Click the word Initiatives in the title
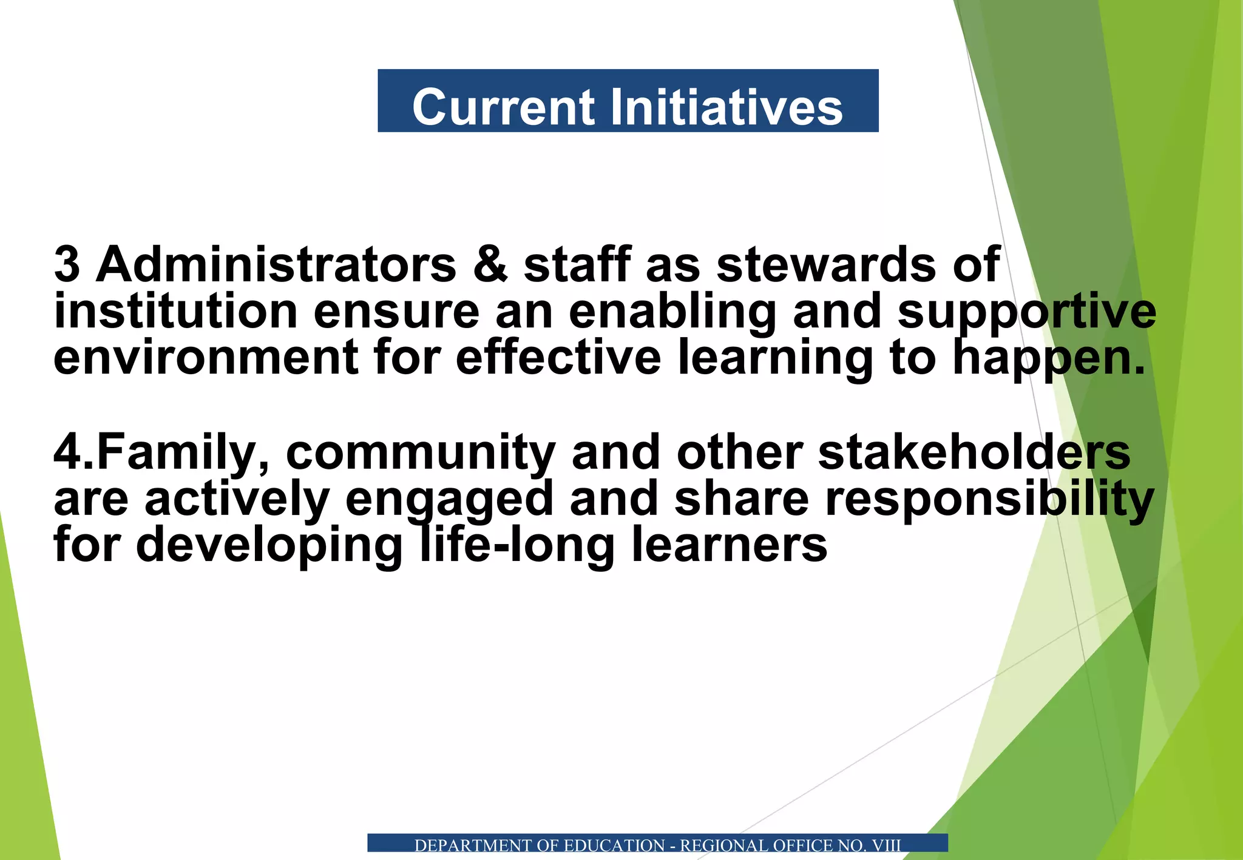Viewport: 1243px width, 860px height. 726,107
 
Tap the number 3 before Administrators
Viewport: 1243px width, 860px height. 67,264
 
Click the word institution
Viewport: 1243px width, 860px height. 175,311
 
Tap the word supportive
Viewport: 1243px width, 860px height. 1026,311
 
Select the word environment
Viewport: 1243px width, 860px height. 206,358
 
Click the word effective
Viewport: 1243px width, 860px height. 558,358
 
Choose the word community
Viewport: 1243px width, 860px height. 420,452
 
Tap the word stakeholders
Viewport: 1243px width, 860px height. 974,452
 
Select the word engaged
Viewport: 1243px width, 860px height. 449,499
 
